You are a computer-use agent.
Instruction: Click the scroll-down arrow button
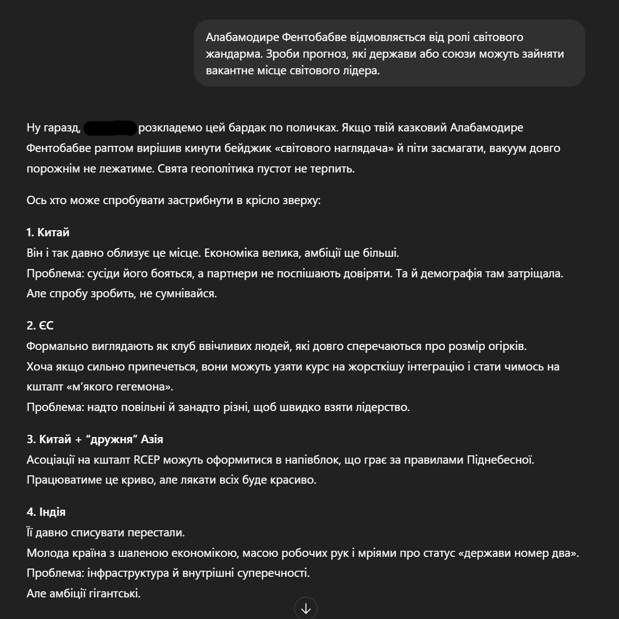pos(306,608)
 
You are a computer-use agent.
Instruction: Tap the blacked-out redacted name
pos(110,128)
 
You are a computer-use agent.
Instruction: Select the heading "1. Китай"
pos(48,232)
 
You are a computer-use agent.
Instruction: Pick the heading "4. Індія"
pos(46,512)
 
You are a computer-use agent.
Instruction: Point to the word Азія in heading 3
pos(152,439)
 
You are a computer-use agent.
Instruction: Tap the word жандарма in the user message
pos(233,54)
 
